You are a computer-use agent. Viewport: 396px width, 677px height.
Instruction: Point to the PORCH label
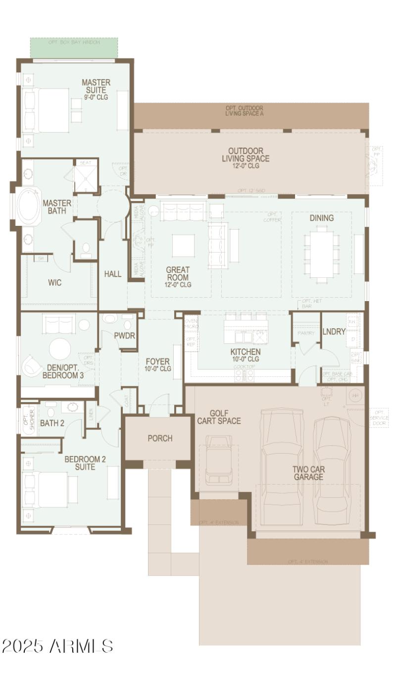click(160, 438)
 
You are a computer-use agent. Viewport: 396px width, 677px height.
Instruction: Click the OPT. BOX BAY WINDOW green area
click(74, 48)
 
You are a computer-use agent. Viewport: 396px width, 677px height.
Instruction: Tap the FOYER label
click(158, 362)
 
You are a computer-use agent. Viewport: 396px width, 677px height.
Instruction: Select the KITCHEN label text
click(246, 352)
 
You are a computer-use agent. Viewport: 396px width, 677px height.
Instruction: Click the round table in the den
click(60, 349)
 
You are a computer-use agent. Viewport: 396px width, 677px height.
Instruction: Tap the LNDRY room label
click(334, 331)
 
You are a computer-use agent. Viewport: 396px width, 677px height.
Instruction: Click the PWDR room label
click(124, 335)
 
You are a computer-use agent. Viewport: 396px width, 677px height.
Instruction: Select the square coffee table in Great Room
click(183, 245)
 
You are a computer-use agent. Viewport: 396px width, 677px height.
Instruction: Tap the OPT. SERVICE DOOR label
click(379, 417)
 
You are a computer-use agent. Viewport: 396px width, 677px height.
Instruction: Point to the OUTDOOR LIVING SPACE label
click(246, 155)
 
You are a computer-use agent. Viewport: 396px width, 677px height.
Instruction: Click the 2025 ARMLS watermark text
click(57, 646)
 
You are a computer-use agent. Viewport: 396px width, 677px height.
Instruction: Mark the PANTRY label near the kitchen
click(306, 333)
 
